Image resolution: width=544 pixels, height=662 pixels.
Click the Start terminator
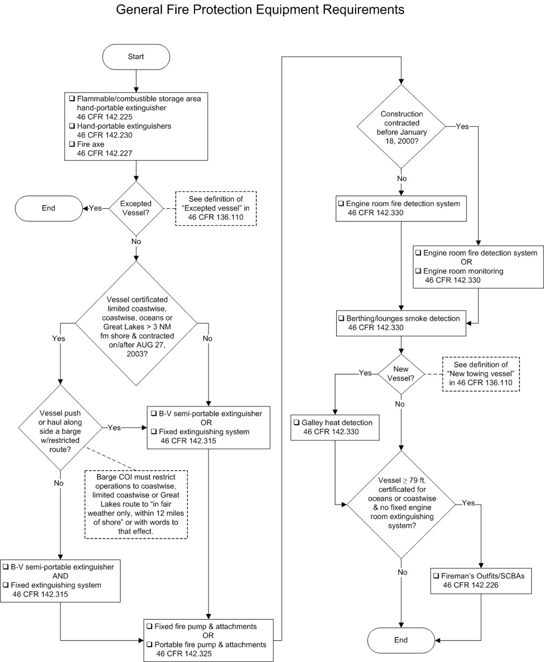click(136, 57)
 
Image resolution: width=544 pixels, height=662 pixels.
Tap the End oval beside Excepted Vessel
click(48, 208)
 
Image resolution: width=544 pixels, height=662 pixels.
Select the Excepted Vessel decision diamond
click(136, 208)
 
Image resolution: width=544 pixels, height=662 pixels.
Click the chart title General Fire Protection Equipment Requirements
click(260, 9)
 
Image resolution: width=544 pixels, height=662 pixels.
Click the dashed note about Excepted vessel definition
click(216, 208)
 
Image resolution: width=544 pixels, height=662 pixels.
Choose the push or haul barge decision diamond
click(60, 428)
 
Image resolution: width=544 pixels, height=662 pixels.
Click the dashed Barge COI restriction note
click(136, 504)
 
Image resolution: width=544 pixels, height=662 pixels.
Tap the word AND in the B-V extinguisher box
click(60, 576)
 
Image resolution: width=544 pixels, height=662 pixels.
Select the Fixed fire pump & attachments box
click(208, 640)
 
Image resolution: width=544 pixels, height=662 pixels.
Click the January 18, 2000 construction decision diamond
click(401, 127)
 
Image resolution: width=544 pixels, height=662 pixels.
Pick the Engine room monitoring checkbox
click(418, 271)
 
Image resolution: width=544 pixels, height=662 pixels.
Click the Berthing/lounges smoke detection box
click(401, 323)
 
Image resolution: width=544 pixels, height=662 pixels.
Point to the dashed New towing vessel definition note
click(480, 374)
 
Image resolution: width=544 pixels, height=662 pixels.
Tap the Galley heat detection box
click(335, 427)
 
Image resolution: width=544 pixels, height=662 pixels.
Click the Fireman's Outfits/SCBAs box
click(480, 580)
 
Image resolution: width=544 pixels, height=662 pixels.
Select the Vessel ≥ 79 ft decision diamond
click(401, 503)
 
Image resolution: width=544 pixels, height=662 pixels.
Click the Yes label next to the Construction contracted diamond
click(462, 127)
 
